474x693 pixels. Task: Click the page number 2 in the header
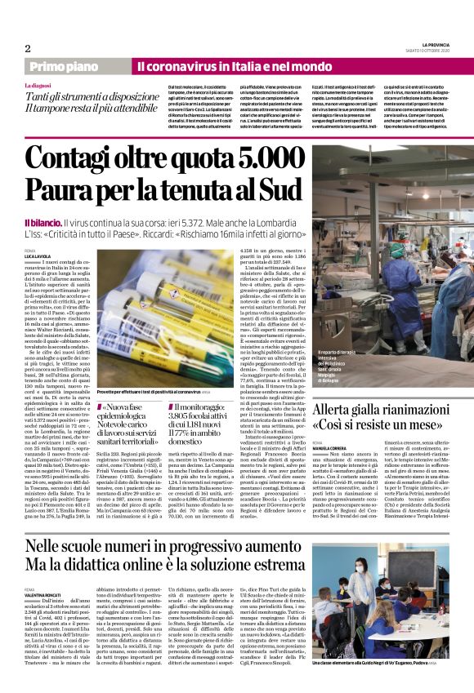[28, 48]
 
